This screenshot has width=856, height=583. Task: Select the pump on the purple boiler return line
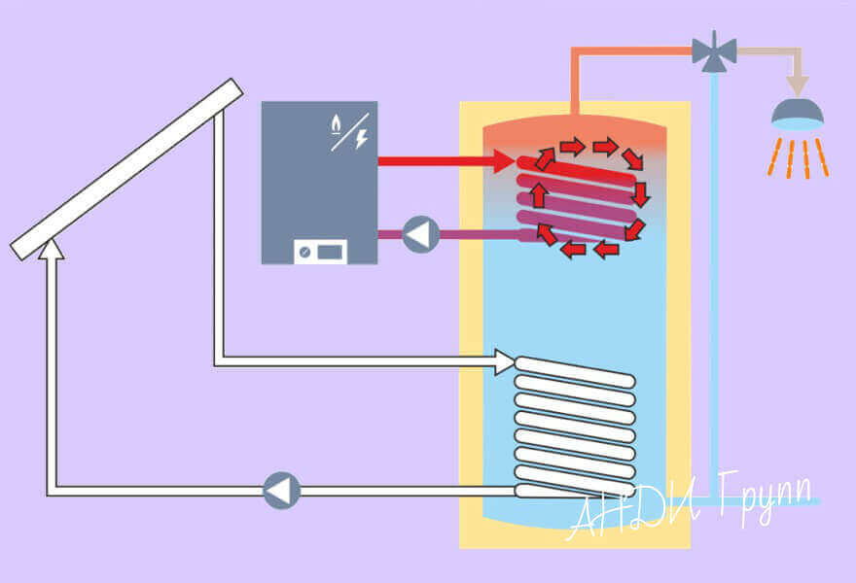[421, 234]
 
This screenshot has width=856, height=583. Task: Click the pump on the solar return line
[282, 491]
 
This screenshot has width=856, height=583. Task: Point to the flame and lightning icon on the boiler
[348, 131]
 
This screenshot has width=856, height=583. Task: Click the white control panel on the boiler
[320, 252]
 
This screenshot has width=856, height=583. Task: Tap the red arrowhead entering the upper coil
[504, 160]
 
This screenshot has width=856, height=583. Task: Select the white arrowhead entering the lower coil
[505, 362]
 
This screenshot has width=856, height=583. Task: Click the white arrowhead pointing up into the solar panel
[52, 251]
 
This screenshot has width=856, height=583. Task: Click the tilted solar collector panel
[126, 169]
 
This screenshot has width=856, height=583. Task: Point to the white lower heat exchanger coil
[575, 428]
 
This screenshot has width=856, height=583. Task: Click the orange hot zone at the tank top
[574, 131]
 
